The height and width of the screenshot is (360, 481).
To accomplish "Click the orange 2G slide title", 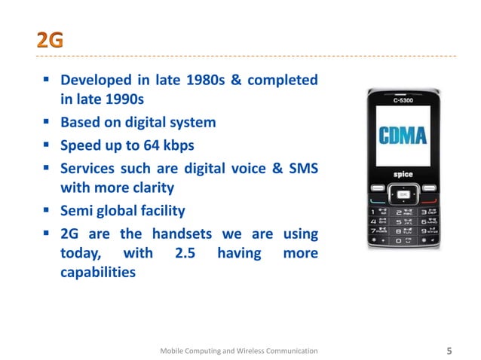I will click(50, 41).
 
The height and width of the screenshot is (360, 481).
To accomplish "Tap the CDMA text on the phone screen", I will click(403, 136).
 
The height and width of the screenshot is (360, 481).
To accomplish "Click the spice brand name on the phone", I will click(403, 174).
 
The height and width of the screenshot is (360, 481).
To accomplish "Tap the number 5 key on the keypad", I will click(403, 221).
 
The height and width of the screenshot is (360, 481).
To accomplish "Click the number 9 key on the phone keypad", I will click(427, 232).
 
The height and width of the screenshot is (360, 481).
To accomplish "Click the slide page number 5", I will click(449, 350).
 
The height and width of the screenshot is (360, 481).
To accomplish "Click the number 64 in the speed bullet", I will click(153, 145).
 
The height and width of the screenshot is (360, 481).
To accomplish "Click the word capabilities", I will click(98, 273).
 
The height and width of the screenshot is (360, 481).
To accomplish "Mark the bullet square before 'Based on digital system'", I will click(47, 121).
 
